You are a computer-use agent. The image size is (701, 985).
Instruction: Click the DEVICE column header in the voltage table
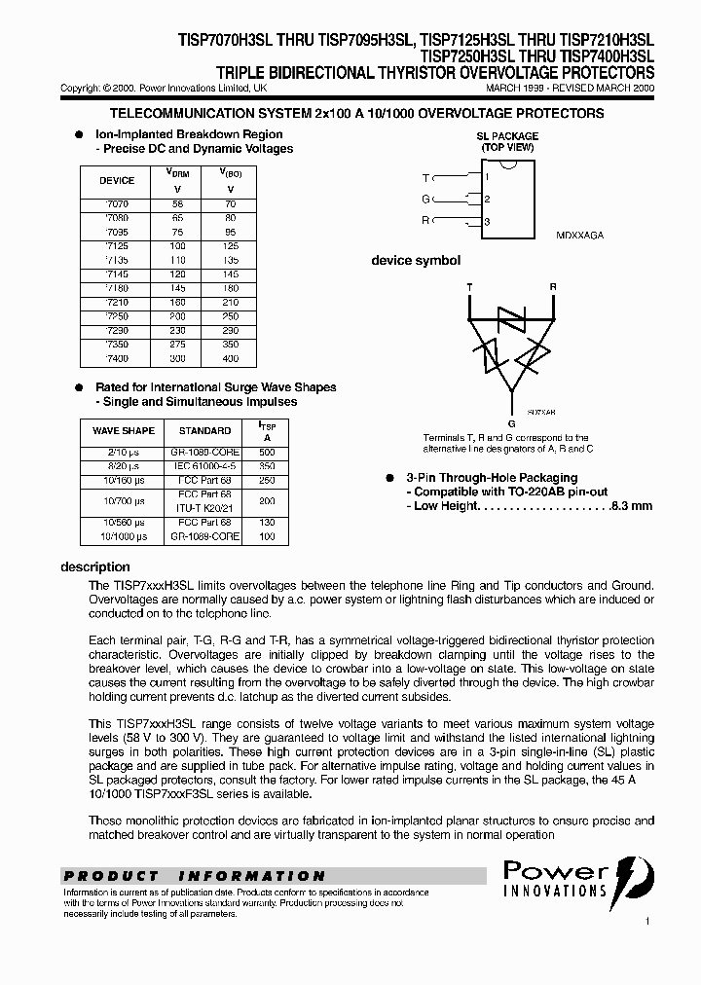click(x=117, y=181)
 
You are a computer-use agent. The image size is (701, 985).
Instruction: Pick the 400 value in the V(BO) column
click(x=231, y=359)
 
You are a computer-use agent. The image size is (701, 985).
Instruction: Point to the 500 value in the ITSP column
click(x=267, y=453)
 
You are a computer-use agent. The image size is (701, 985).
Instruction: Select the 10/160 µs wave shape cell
click(x=125, y=480)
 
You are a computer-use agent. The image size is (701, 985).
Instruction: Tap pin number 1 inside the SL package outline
click(x=487, y=176)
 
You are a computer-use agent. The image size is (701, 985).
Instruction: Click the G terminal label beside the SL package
click(x=425, y=199)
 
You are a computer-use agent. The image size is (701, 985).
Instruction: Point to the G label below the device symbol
click(x=512, y=423)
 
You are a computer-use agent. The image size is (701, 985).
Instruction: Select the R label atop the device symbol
click(x=553, y=287)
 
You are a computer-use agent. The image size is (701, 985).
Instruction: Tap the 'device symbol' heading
click(x=416, y=261)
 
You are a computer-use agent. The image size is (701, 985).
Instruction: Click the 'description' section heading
click(x=95, y=566)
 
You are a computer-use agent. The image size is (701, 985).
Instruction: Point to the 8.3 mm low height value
click(x=632, y=506)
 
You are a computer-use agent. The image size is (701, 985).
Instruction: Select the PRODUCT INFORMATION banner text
click(x=194, y=876)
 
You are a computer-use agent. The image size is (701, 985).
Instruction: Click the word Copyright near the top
click(x=81, y=88)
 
